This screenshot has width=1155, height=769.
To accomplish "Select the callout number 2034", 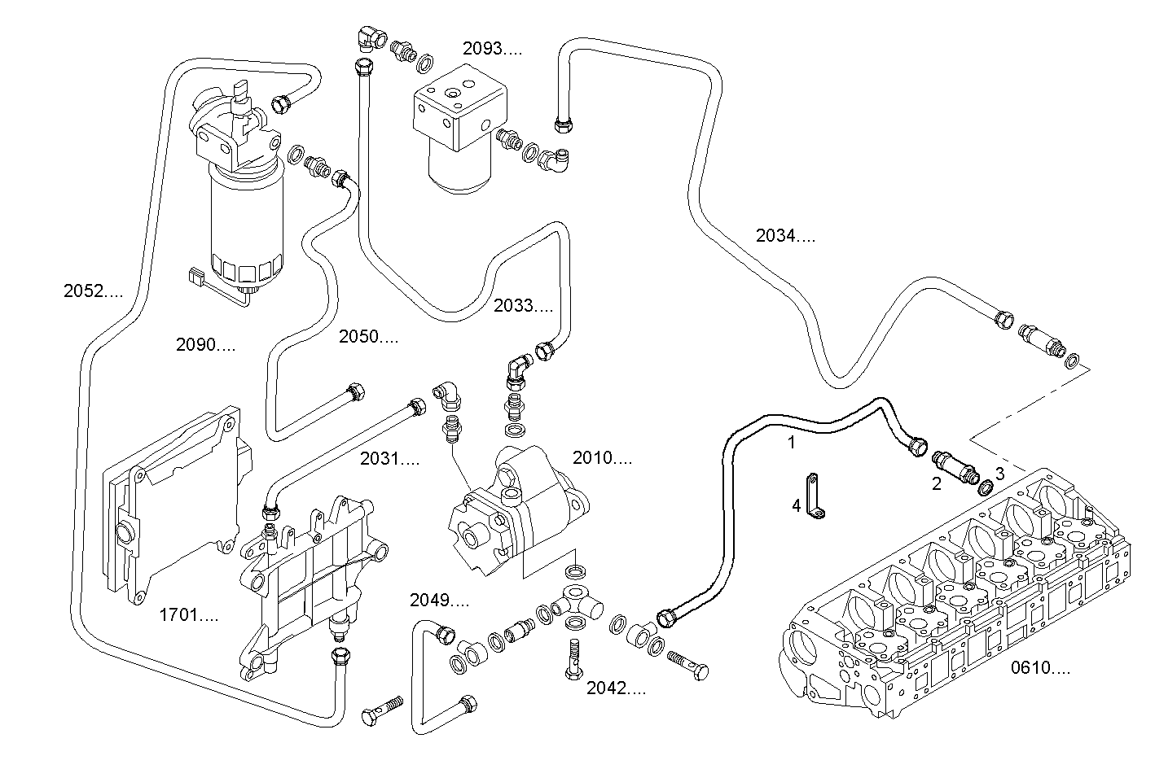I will coord(784,237).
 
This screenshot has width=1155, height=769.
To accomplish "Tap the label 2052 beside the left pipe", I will coord(93,291).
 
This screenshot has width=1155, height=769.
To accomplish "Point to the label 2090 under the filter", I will coord(205,345).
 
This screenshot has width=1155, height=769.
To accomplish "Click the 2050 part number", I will coord(368,337).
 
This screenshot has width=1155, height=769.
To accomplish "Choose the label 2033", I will coord(522,307).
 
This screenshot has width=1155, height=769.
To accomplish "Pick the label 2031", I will coord(389,460).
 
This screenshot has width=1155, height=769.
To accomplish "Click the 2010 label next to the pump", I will coord(602,458).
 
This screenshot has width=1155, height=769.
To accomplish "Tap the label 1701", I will coord(188,615).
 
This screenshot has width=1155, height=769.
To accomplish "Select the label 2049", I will coord(439,601).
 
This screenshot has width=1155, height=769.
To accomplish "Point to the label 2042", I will coord(616,689).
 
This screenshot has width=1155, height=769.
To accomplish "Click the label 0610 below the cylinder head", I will coord(1040,669).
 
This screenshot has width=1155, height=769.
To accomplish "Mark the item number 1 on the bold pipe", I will coord(790,443).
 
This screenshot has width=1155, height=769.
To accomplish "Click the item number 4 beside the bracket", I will coord(796,506).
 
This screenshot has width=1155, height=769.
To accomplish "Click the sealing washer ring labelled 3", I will coord(985,487).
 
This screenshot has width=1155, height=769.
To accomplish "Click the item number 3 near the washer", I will coord(999,473).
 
